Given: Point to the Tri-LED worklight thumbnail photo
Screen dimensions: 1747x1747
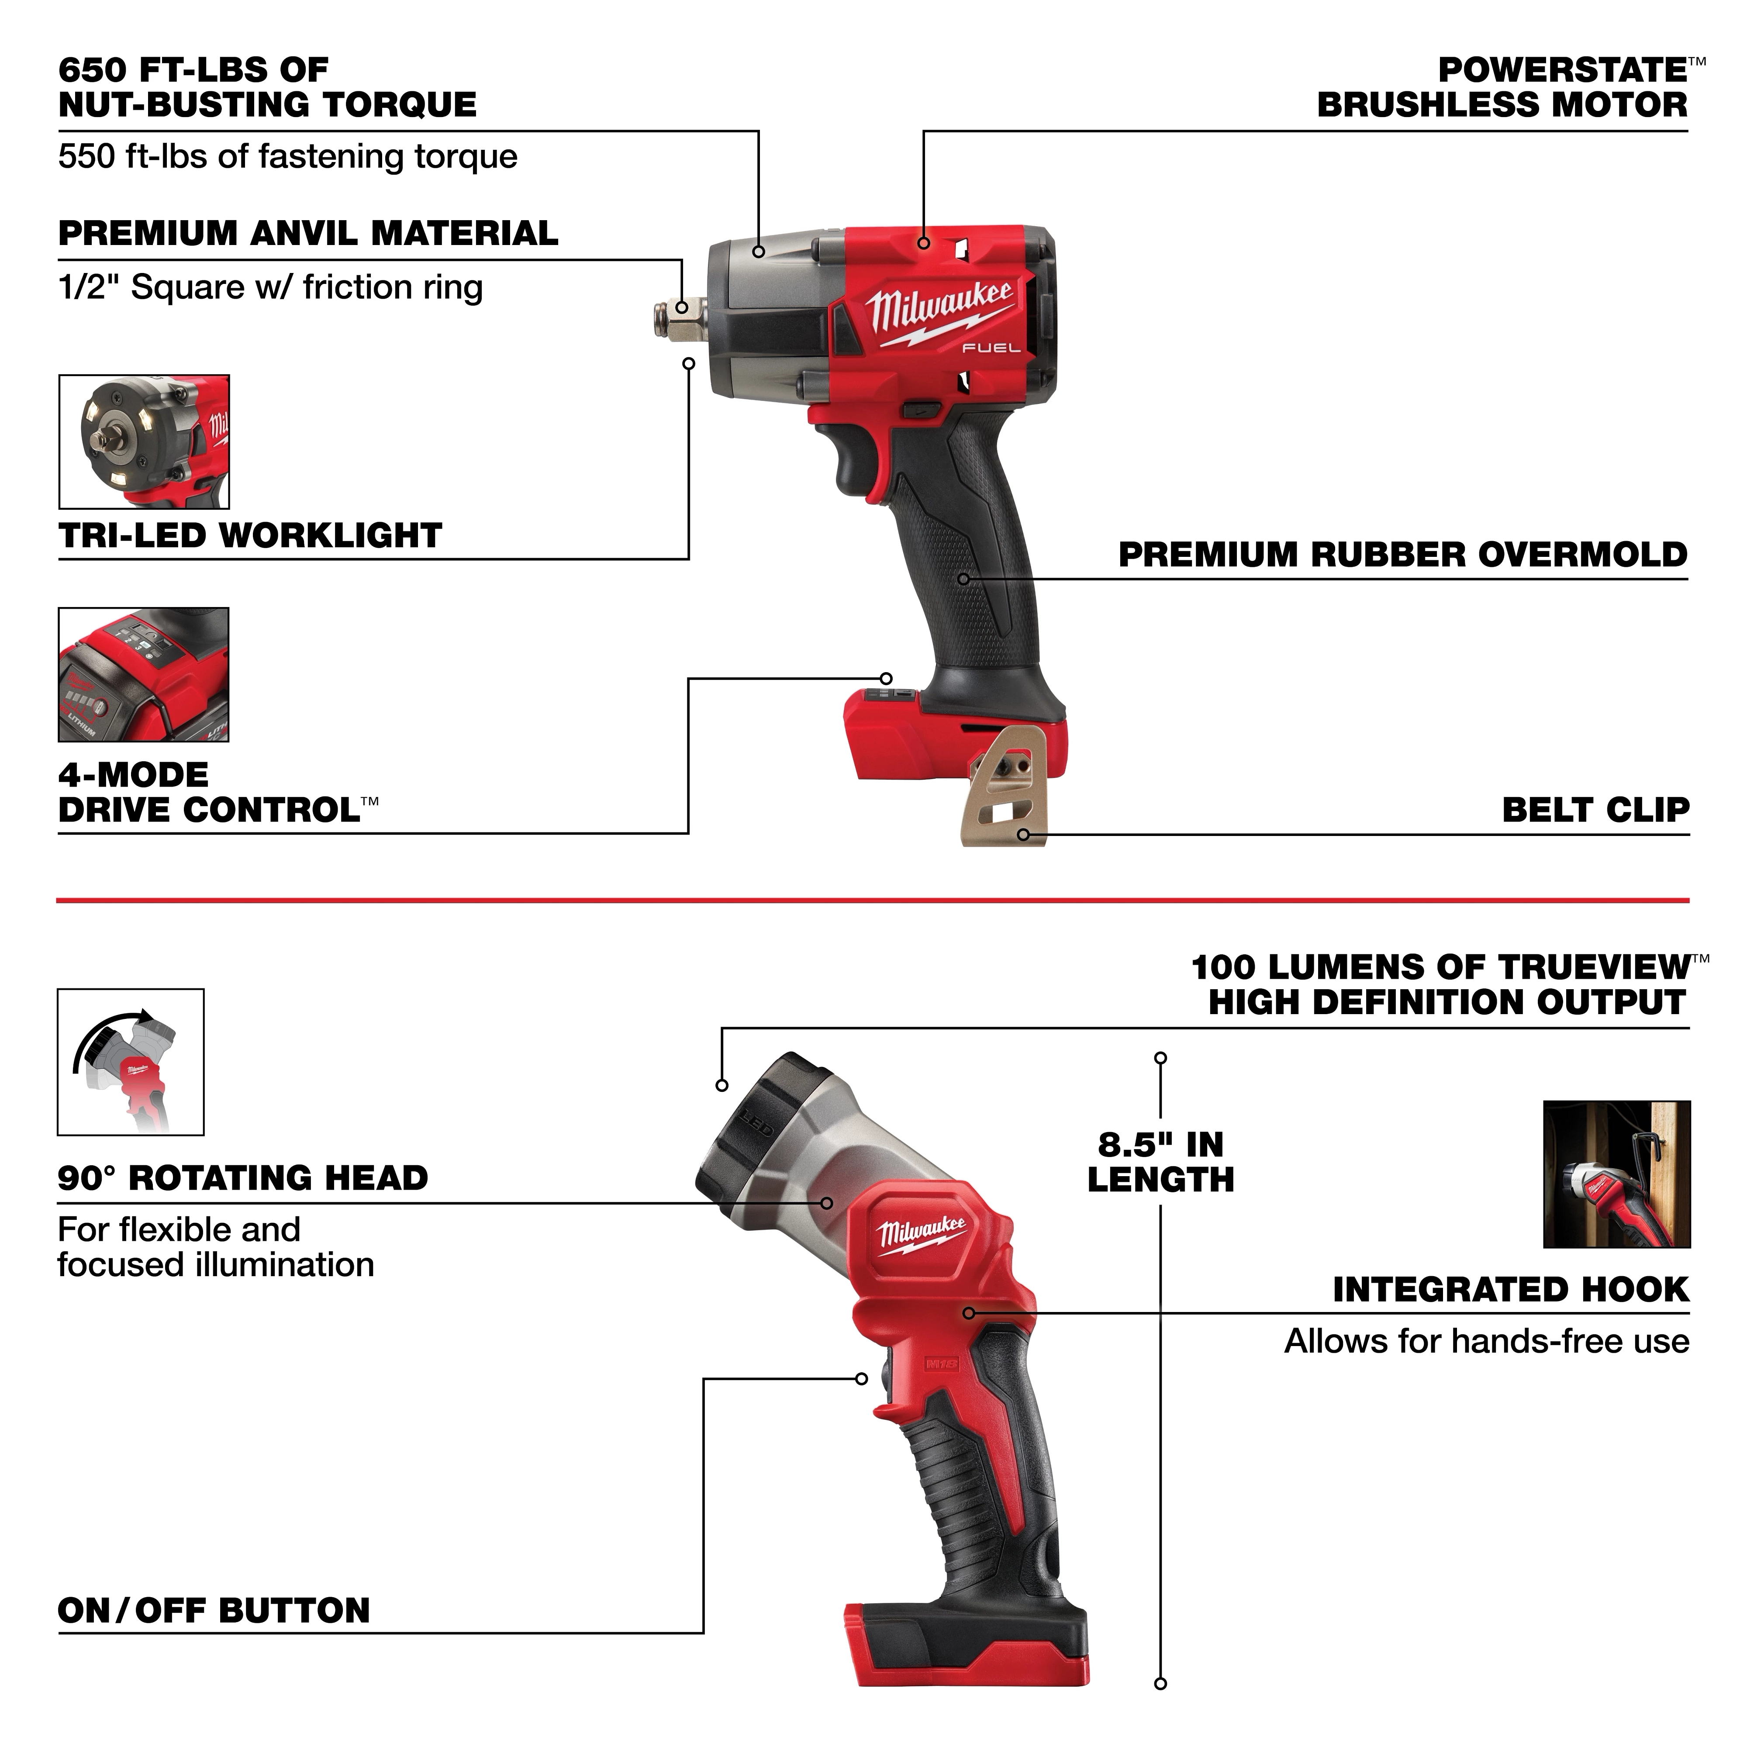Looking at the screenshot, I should tap(144, 442).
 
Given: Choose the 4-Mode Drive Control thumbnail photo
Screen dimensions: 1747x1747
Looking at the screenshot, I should tap(144, 675).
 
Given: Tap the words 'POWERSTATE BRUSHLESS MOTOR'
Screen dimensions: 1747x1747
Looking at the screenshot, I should tap(1503, 88).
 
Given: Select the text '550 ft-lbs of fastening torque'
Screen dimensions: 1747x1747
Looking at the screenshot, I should tap(287, 156).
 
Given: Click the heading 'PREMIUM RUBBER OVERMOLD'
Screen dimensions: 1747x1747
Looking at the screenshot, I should tap(1402, 554).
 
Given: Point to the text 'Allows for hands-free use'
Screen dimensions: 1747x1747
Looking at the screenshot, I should tap(1487, 1341).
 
